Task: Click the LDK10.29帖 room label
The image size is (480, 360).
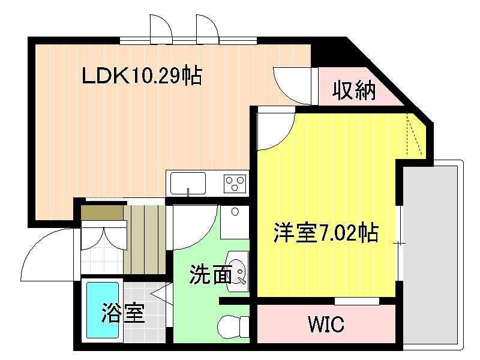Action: tap(142, 76)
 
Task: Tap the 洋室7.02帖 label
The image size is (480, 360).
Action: tap(326, 233)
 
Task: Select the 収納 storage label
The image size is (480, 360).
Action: tap(354, 90)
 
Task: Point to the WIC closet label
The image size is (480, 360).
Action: tap(326, 324)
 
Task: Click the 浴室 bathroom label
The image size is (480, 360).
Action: tap(123, 313)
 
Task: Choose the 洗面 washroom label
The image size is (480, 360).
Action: tap(211, 274)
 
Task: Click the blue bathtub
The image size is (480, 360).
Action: tap(103, 310)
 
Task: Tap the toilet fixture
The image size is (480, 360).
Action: tap(233, 327)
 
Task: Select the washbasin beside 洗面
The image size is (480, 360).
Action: tap(238, 272)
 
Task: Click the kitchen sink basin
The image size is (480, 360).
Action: tap(188, 184)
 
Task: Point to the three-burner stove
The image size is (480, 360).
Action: tap(235, 184)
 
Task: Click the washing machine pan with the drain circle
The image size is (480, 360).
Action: tap(235, 222)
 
